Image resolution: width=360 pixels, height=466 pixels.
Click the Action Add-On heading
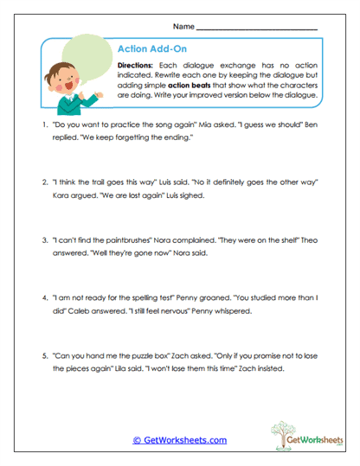click(145, 50)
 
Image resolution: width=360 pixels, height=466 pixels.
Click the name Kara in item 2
click(63, 195)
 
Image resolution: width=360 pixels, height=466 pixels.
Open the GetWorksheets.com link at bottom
click(180, 440)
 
